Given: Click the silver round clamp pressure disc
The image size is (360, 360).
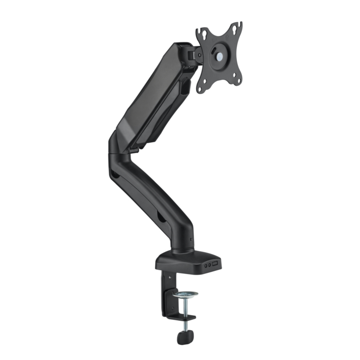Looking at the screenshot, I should (x=185, y=294).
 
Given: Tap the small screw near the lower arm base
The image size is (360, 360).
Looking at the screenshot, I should (x=191, y=239).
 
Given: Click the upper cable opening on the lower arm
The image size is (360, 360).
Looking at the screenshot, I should (x=114, y=173).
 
